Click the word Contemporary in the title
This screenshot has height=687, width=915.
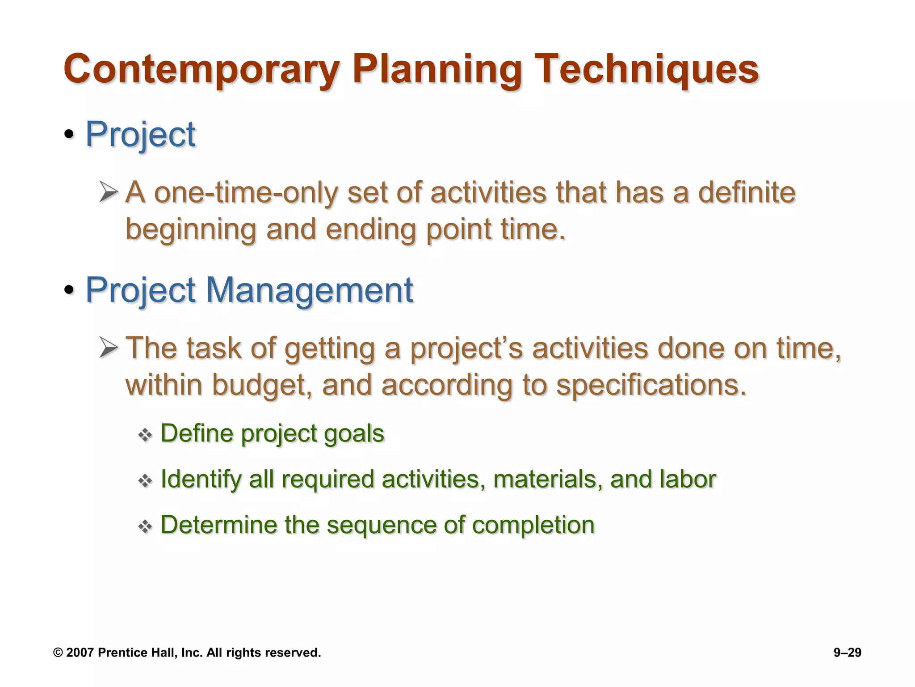(201, 69)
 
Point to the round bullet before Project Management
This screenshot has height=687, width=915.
(69, 290)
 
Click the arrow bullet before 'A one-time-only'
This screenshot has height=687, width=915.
(109, 192)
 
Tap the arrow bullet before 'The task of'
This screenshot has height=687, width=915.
(109, 348)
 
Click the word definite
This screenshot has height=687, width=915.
(747, 193)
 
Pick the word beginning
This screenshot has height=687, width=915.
(191, 229)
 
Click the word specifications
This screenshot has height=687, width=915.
(651, 385)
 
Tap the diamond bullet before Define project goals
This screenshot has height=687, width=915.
(145, 435)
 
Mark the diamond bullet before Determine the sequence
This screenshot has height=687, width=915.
(145, 526)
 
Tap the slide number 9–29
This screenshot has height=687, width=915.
(847, 653)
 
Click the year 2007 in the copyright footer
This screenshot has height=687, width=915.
(80, 653)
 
